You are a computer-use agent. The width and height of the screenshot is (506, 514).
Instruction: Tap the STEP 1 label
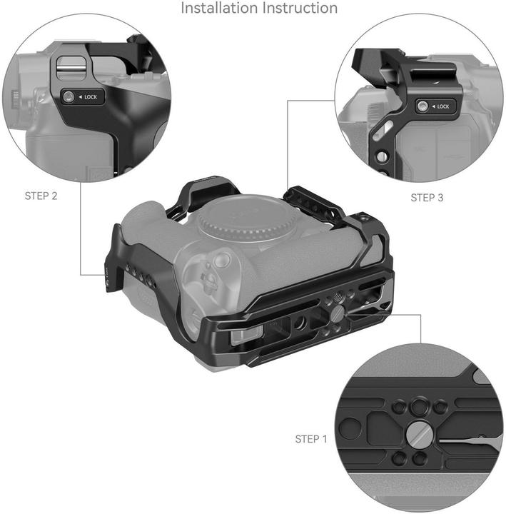point(311,438)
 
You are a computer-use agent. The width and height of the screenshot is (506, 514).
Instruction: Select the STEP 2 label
point(41,196)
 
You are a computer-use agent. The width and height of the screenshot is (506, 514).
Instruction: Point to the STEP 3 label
point(427,196)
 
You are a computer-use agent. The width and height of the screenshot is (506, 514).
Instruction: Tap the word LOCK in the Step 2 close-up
point(91,96)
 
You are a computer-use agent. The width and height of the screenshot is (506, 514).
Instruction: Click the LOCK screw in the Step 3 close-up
point(423,106)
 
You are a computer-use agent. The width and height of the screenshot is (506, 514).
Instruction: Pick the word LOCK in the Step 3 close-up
point(442,106)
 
